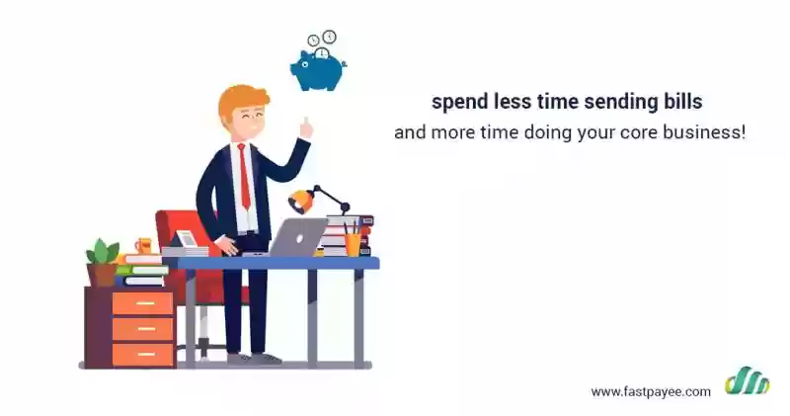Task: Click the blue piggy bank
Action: (318, 70)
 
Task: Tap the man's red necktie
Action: (244, 175)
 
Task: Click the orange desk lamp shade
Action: (301, 202)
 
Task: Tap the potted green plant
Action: (103, 262)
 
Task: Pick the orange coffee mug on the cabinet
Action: (143, 246)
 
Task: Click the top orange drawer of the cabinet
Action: (142, 303)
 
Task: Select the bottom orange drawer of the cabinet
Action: (142, 354)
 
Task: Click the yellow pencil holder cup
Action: (353, 244)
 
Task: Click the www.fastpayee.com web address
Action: (651, 392)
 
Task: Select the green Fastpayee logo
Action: (748, 380)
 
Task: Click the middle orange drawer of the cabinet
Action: (142, 329)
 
